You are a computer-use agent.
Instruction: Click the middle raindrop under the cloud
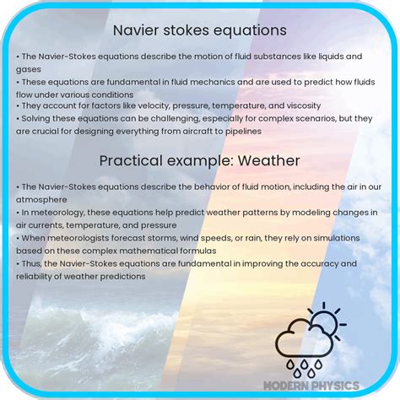[306, 369]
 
